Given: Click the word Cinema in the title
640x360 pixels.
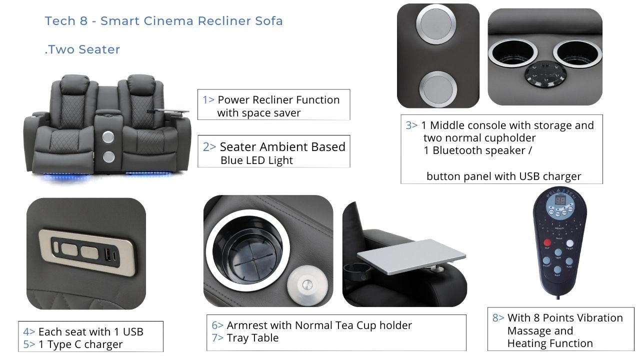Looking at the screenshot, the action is pyautogui.click(x=168, y=21).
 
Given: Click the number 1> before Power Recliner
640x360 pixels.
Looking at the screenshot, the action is pyautogui.click(x=208, y=99).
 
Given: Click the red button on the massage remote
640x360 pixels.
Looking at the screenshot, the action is pyautogui.click(x=547, y=242).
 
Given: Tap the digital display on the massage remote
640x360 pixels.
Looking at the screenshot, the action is pyautogui.click(x=560, y=200).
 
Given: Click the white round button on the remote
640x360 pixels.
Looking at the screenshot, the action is pyautogui.click(x=569, y=243).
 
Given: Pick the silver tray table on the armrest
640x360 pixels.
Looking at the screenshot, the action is pyautogui.click(x=411, y=256).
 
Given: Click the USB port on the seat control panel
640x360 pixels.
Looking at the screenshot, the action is pyautogui.click(x=107, y=253).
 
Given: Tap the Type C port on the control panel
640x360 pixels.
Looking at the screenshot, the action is pyautogui.click(x=115, y=255).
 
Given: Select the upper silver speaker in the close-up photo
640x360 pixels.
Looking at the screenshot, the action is pyautogui.click(x=436, y=23).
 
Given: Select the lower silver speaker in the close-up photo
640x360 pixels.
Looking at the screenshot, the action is pyautogui.click(x=438, y=89).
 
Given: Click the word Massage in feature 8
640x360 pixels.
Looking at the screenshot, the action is pyautogui.click(x=540, y=331).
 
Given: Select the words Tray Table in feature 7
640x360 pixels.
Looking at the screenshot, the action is pyautogui.click(x=252, y=338).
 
